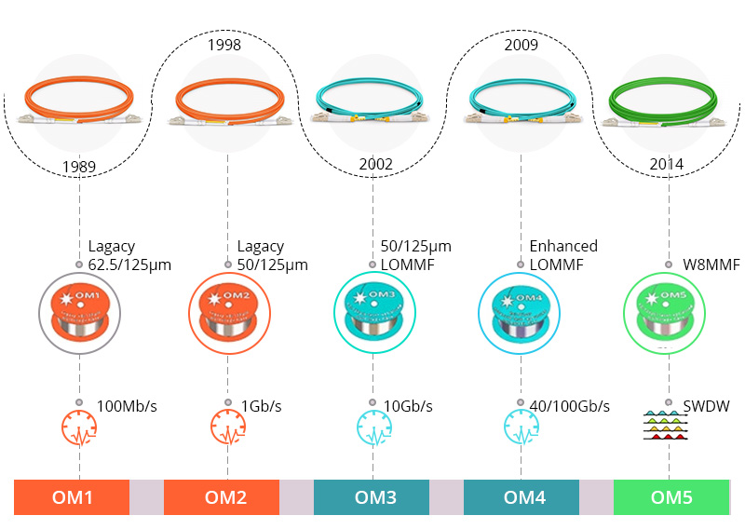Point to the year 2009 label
coord(521,44)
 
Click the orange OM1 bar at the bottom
coord(72,497)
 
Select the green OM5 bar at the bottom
coord(670,497)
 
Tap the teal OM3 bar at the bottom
coord(372,497)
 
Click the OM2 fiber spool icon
coord(228,311)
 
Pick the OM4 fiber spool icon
coord(521,311)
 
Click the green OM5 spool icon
coord(666,311)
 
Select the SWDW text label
coord(706,406)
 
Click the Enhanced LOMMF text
coord(562,255)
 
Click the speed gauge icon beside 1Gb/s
coord(228,427)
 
